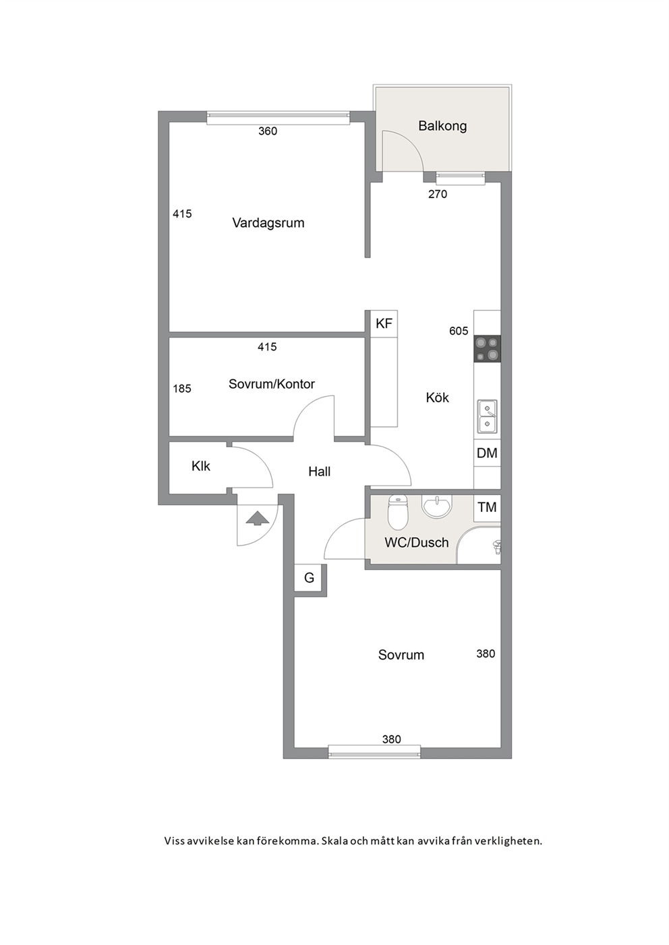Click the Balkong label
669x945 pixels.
pyautogui.click(x=442, y=126)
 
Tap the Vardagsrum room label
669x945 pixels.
pyautogui.click(x=268, y=223)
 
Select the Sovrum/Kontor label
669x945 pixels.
pyautogui.click(x=272, y=384)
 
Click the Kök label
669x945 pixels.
pyautogui.click(x=437, y=397)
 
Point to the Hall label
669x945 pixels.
pyautogui.click(x=319, y=471)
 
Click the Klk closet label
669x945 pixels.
pyautogui.click(x=200, y=466)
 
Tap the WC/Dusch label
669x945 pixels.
pyautogui.click(x=416, y=542)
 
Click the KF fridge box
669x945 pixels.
pyautogui.click(x=384, y=323)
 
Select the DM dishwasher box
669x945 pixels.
pyautogui.click(x=487, y=453)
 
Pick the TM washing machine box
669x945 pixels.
pyautogui.click(x=487, y=507)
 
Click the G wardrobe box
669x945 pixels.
pyautogui.click(x=309, y=578)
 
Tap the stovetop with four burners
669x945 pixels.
pyautogui.click(x=487, y=349)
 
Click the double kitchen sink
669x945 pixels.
pyautogui.click(x=487, y=416)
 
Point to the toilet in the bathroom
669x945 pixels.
pyautogui.click(x=397, y=512)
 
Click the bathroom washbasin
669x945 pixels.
pyautogui.click(x=437, y=505)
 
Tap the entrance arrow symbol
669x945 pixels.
pyautogui.click(x=257, y=519)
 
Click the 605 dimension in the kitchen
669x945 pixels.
pyautogui.click(x=459, y=331)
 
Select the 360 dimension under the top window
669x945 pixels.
pyautogui.click(x=268, y=131)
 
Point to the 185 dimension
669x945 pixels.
pyautogui.click(x=182, y=389)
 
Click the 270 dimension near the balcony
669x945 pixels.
pyautogui.click(x=438, y=195)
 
